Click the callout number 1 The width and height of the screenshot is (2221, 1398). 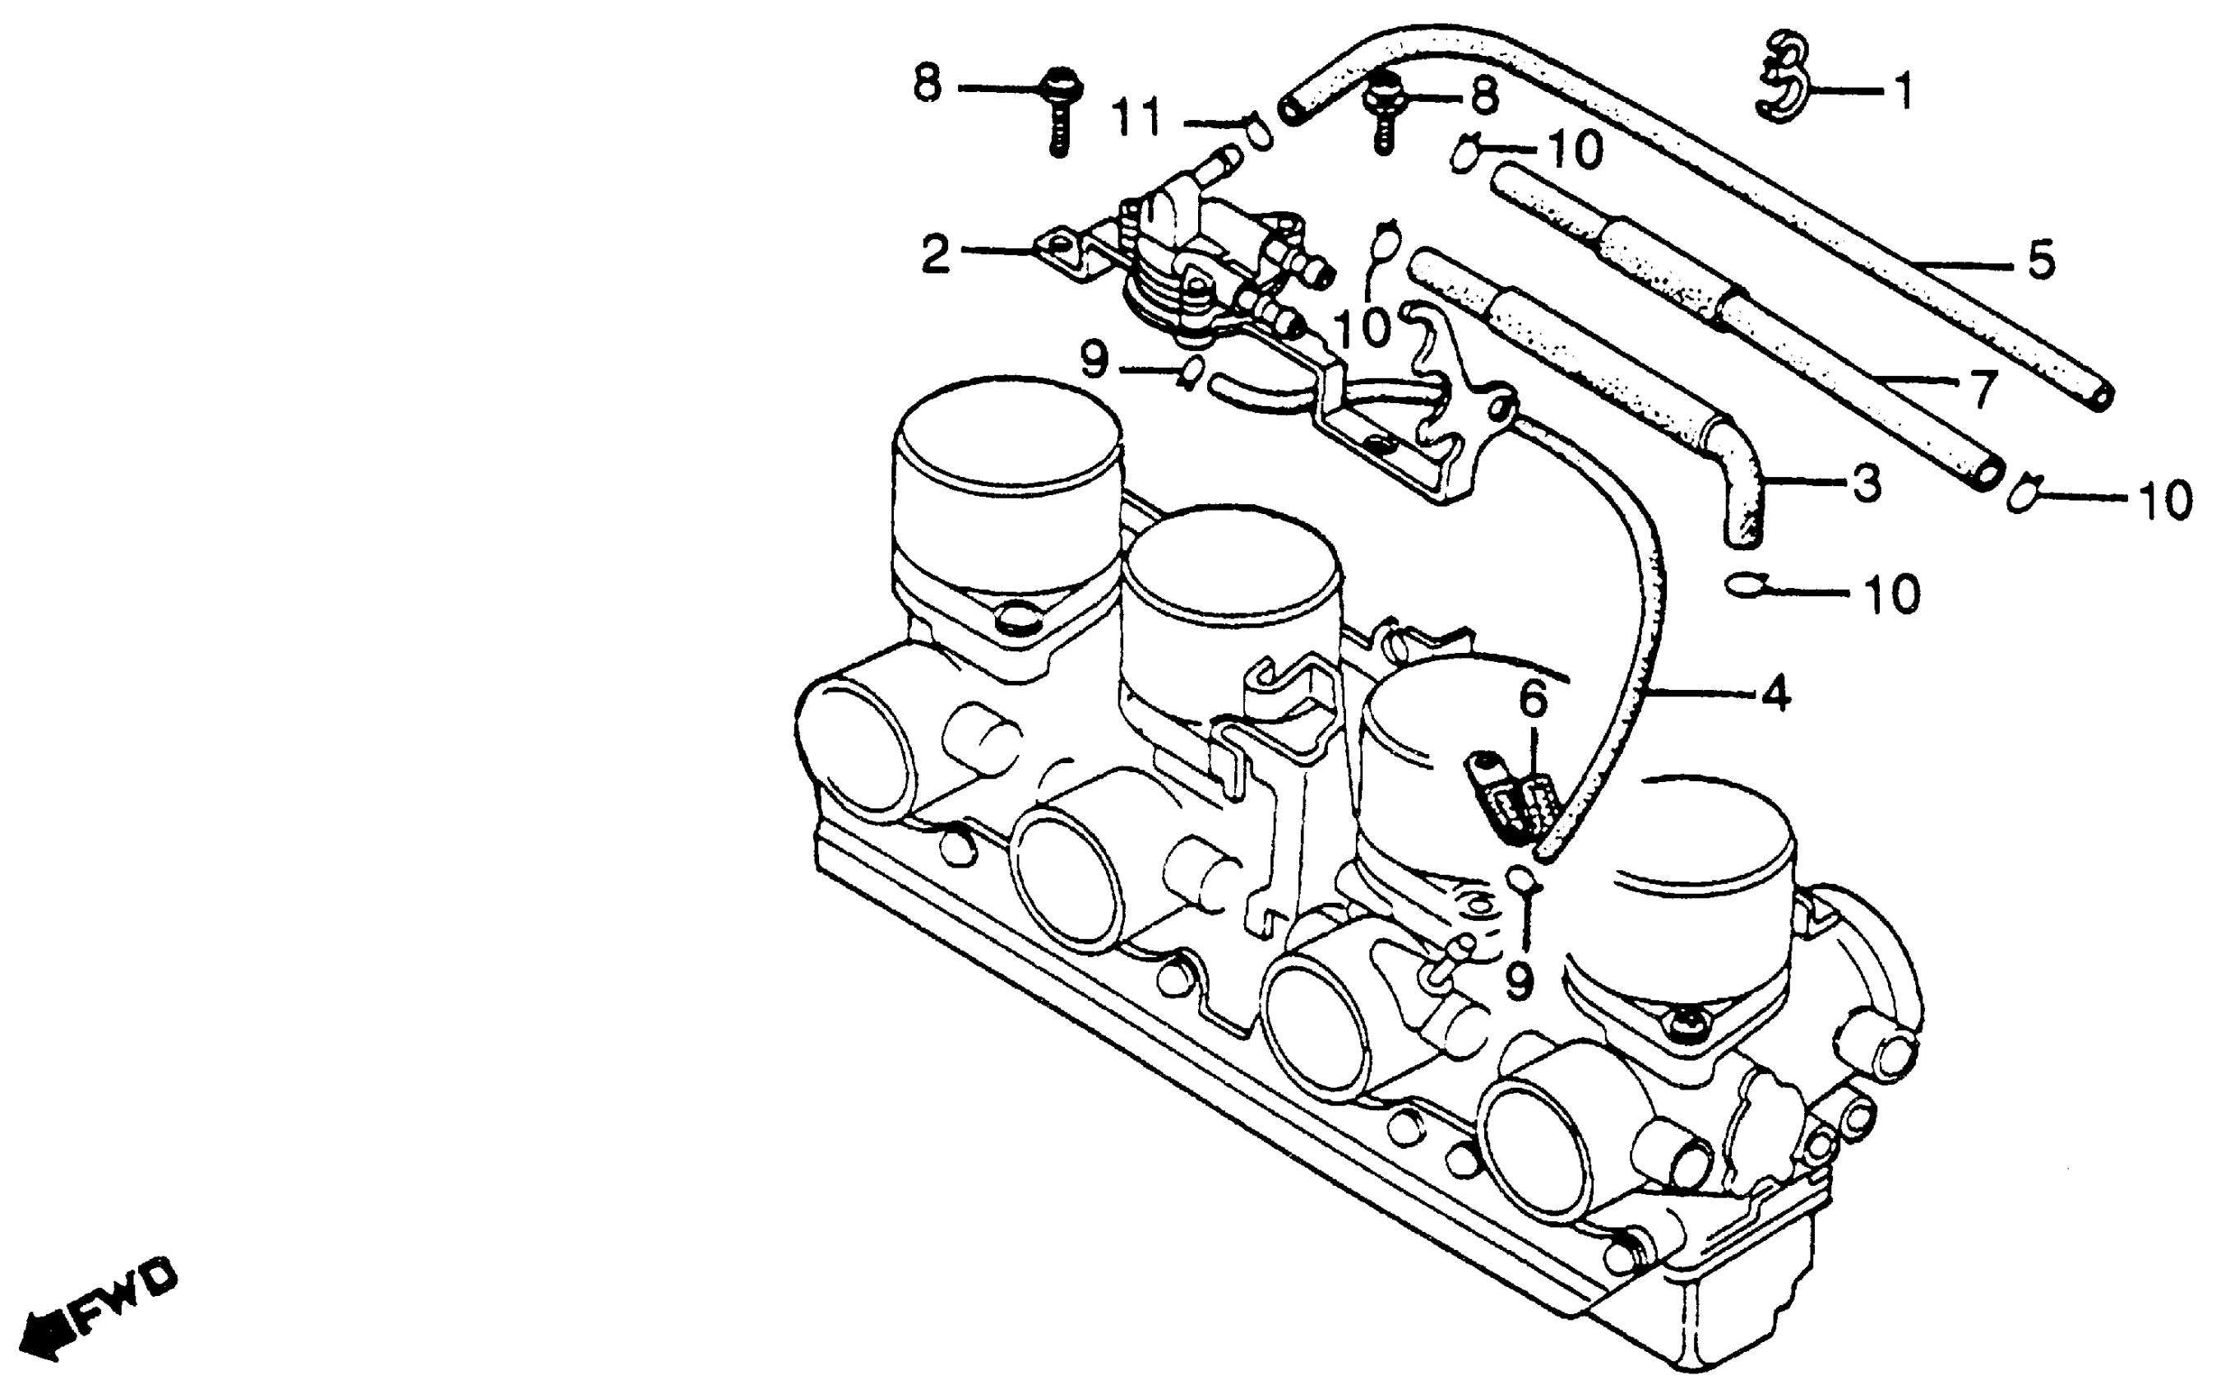(1902, 92)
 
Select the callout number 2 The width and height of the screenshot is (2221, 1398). (935, 252)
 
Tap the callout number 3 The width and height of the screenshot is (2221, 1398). (1866, 482)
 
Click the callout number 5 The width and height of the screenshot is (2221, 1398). (2040, 260)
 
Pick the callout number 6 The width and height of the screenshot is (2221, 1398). (1532, 701)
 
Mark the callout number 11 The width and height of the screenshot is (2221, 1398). (1136, 119)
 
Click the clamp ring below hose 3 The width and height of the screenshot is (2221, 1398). (1745, 584)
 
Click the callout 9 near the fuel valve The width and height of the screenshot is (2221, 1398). (1093, 360)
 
